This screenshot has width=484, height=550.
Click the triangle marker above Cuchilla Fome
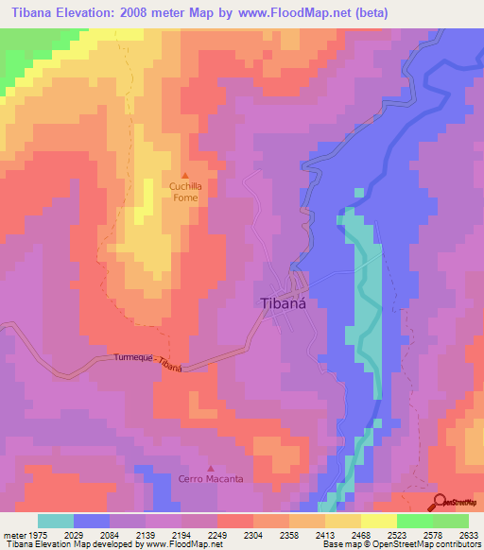(185, 176)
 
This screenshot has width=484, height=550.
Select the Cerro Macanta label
(211, 478)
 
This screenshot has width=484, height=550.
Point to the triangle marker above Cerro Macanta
(211, 467)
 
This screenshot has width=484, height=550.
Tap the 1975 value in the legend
(37, 534)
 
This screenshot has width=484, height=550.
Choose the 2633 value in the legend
(469, 534)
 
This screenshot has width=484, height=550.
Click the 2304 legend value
(253, 534)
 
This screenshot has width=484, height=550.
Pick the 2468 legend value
(361, 534)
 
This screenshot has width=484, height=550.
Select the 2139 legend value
(146, 534)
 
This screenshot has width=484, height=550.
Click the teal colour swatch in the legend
(56, 521)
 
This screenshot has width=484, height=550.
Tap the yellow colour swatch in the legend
(343, 521)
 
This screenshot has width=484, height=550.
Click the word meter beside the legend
(13, 534)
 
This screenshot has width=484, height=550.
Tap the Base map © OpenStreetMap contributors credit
(399, 545)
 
